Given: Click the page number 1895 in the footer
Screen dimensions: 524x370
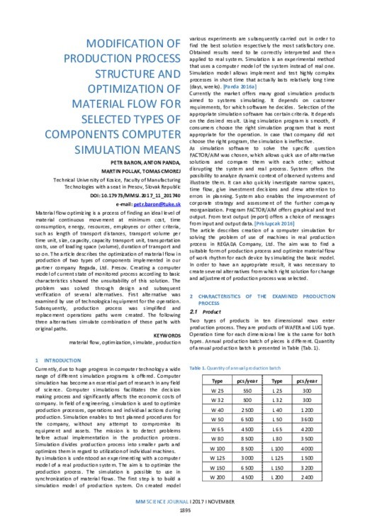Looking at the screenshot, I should coord(185,512).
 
